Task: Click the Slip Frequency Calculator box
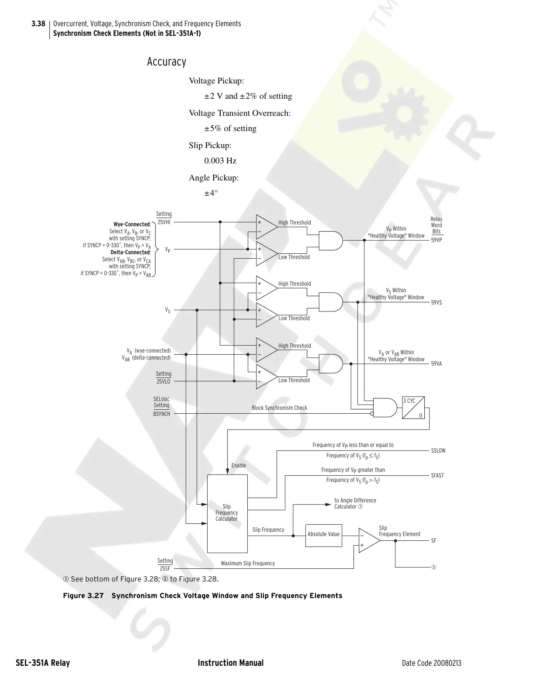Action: click(x=227, y=513)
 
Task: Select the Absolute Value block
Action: click(x=323, y=534)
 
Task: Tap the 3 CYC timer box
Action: click(x=413, y=408)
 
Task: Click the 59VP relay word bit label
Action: click(x=437, y=240)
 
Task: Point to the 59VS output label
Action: click(x=437, y=302)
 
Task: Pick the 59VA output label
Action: click(x=437, y=363)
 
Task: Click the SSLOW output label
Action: click(x=438, y=451)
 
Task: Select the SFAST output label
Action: click(x=437, y=476)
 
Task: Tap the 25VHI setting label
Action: click(x=164, y=222)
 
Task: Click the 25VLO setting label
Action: click(x=163, y=381)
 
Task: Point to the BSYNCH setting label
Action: click(x=162, y=414)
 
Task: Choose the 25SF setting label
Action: click(x=165, y=569)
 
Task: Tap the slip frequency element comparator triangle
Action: click(x=368, y=540)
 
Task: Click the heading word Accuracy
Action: click(x=166, y=62)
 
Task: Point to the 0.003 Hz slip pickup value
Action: click(x=220, y=161)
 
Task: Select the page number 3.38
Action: click(x=38, y=24)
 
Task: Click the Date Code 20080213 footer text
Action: click(x=431, y=663)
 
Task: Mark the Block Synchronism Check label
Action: click(x=279, y=408)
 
